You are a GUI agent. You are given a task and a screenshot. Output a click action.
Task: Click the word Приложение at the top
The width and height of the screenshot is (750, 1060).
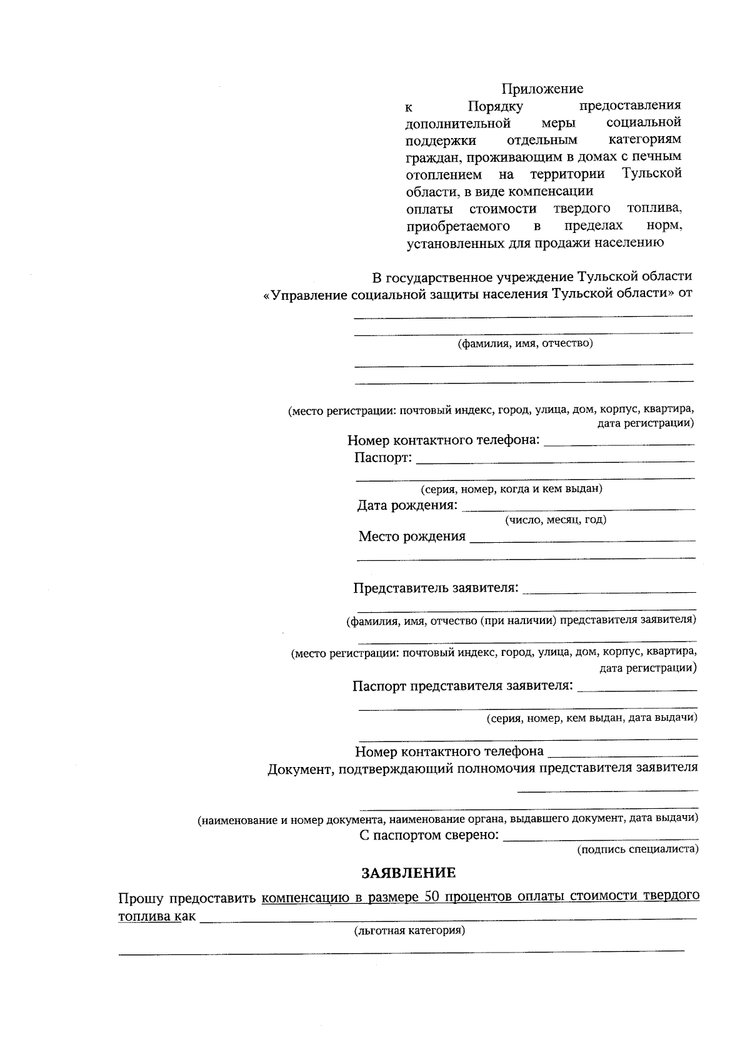(542, 89)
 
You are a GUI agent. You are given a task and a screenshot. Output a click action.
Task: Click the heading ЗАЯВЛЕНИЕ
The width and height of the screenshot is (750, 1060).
(409, 873)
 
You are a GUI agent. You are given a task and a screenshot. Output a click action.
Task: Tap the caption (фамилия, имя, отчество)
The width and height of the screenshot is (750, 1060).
(525, 343)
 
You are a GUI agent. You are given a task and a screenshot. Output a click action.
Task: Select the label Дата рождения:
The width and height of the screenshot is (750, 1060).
(407, 505)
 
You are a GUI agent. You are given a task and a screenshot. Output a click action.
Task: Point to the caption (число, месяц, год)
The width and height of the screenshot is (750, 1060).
(556, 520)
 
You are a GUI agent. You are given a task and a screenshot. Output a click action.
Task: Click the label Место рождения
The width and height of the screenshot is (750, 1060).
(412, 537)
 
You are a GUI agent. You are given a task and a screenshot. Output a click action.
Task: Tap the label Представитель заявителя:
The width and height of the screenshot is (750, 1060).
(436, 588)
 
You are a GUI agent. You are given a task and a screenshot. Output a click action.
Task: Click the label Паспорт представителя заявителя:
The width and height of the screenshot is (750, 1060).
(462, 686)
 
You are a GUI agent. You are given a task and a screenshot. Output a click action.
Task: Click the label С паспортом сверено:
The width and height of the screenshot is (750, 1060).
(429, 835)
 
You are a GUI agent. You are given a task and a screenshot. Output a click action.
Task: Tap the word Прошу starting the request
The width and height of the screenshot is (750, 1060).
(141, 899)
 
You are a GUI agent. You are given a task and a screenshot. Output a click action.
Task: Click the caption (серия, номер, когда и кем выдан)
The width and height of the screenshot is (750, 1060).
(511, 489)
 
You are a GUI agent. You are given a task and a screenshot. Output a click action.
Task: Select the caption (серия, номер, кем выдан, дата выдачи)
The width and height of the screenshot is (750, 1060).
(592, 718)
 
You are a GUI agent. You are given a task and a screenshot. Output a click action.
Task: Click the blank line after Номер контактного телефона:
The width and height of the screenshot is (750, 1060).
(619, 442)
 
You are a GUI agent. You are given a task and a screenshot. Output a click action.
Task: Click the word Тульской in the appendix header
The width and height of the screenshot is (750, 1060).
(652, 173)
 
